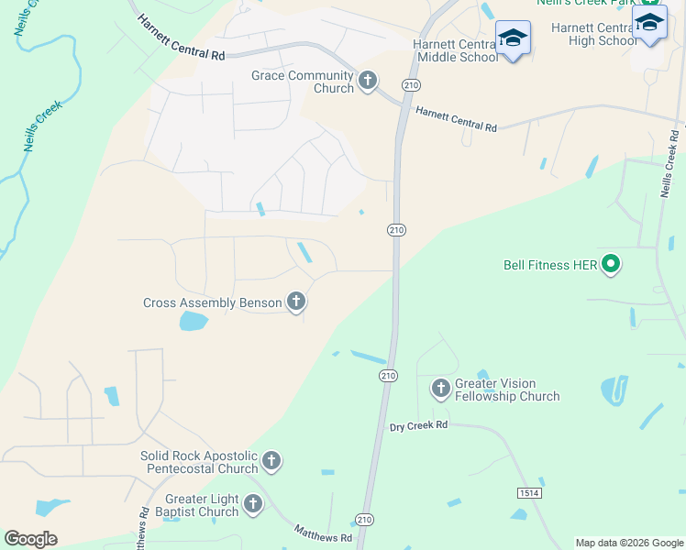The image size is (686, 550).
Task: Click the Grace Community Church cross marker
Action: click(368, 81)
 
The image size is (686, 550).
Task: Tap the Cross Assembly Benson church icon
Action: click(295, 301)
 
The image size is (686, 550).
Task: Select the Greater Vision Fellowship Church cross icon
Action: click(441, 389)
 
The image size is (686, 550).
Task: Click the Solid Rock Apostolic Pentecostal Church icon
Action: click(271, 460)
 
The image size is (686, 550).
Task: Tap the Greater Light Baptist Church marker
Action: click(253, 503)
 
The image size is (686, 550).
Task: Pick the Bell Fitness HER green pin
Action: click(611, 266)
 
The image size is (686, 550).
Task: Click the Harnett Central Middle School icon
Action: click(513, 38)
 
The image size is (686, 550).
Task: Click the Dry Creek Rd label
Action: click(418, 425)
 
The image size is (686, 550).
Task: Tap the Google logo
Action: click(30, 539)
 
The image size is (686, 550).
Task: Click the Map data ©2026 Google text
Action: click(628, 543)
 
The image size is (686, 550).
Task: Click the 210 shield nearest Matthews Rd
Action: click(365, 520)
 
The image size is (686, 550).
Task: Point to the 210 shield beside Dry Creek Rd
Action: click(388, 376)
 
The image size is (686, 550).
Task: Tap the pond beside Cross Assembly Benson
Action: click(193, 321)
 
